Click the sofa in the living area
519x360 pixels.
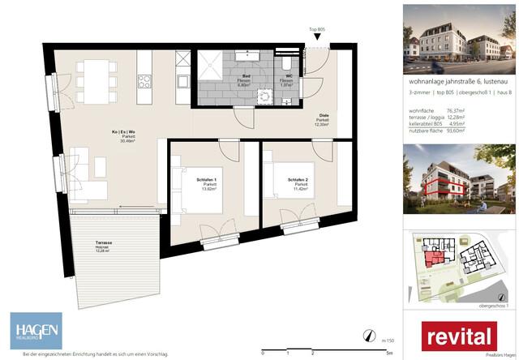(x=83, y=176)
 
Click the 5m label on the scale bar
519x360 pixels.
(x=390, y=354)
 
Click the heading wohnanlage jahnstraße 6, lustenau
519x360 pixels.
(x=456, y=81)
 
